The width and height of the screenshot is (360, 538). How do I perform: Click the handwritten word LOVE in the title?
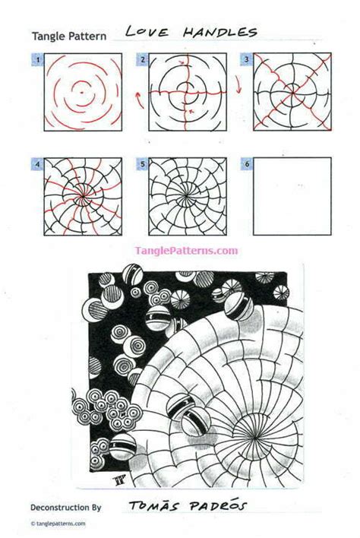[146, 32]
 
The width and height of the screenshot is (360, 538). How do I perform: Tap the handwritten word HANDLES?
[214, 32]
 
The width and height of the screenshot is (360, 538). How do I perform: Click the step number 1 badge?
[36, 59]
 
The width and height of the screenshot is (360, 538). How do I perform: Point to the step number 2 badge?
[141, 59]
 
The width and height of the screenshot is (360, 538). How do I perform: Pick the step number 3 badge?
[246, 59]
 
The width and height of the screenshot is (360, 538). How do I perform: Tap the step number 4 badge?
[36, 163]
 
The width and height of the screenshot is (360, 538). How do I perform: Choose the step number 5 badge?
[141, 163]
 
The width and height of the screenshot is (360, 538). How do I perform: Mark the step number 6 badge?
[246, 163]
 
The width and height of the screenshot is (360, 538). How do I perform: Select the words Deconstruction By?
[65, 505]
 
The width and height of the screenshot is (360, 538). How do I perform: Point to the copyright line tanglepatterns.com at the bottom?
[59, 524]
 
